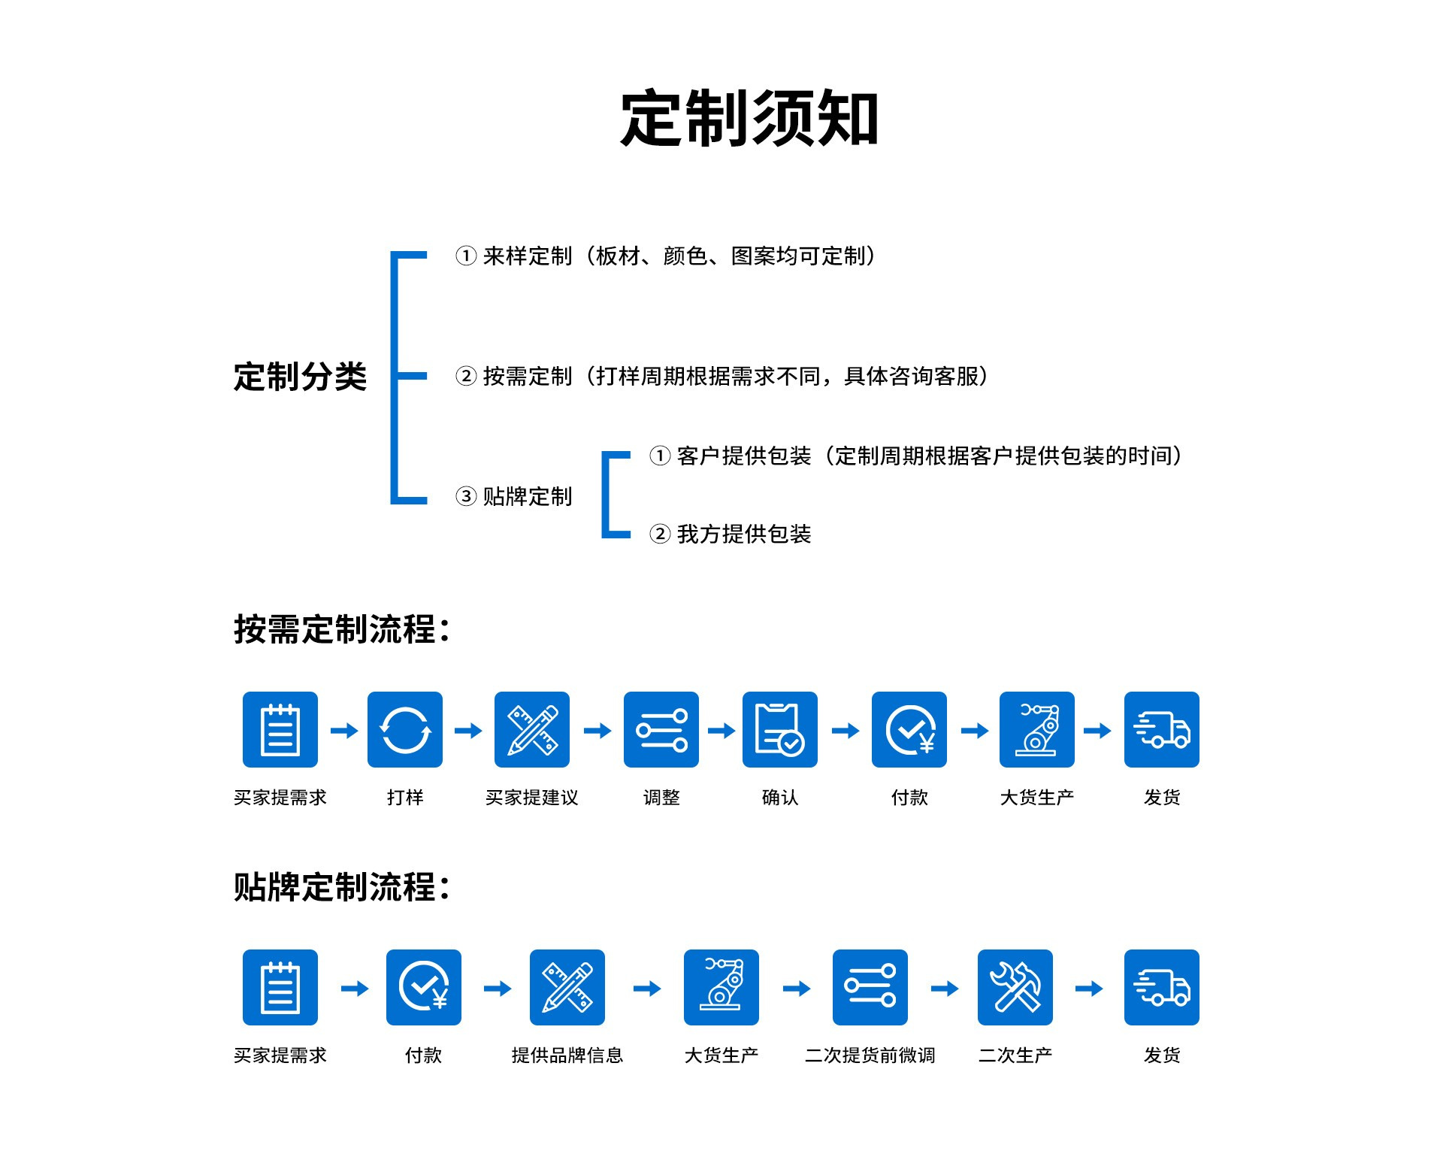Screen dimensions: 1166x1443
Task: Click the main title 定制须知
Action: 749,119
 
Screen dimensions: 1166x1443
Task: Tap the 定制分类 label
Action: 300,376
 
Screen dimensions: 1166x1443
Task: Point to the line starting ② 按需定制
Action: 721,376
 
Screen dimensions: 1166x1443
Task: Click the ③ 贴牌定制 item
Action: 514,496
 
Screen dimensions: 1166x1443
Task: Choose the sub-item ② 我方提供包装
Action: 731,534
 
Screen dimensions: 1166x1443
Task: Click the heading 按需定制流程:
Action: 342,629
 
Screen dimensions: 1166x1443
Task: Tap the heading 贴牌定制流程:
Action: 342,887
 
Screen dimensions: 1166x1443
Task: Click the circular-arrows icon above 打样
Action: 405,729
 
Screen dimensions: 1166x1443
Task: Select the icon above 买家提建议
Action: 532,729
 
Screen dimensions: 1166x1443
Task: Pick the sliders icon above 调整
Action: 661,729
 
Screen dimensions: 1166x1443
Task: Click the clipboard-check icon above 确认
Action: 780,729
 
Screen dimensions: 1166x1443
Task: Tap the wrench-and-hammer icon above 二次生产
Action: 1015,987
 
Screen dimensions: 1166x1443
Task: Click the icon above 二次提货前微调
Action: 870,987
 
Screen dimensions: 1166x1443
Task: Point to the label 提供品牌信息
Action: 567,1055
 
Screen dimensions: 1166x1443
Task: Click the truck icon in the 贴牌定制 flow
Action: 1162,987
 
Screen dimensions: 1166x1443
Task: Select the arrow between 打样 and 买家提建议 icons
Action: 468,730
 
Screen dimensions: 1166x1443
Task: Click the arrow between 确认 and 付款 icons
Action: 846,730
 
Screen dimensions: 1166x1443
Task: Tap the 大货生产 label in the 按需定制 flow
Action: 1037,798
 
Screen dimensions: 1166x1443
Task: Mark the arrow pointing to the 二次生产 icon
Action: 945,988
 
